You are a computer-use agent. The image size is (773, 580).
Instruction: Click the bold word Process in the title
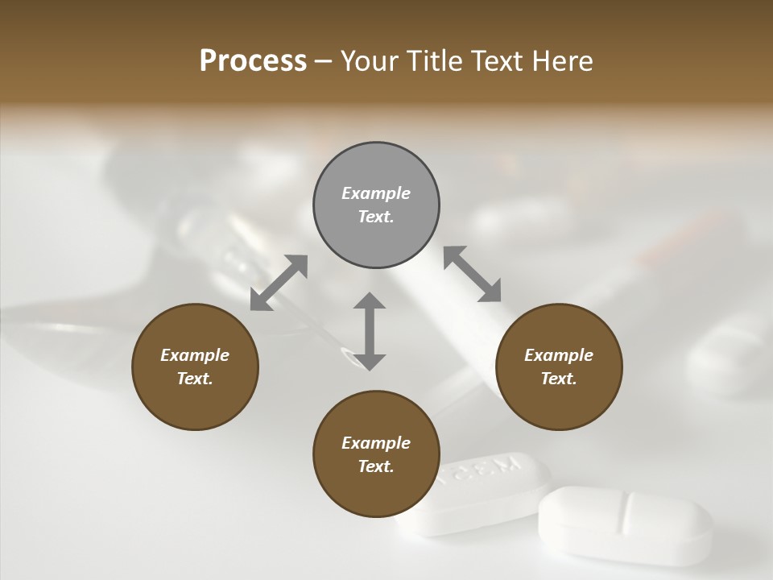[x=253, y=61]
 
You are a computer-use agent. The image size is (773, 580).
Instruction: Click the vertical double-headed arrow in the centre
[x=370, y=331]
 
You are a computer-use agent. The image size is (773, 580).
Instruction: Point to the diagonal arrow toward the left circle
[x=279, y=283]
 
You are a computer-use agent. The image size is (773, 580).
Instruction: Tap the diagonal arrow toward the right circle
[x=473, y=275]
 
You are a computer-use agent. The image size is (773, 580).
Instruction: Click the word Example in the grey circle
[x=376, y=193]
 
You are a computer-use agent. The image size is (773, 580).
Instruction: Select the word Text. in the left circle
[x=195, y=379]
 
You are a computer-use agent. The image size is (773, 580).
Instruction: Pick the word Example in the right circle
[x=559, y=355]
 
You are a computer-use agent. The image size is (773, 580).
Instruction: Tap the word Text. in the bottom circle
[x=376, y=466]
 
